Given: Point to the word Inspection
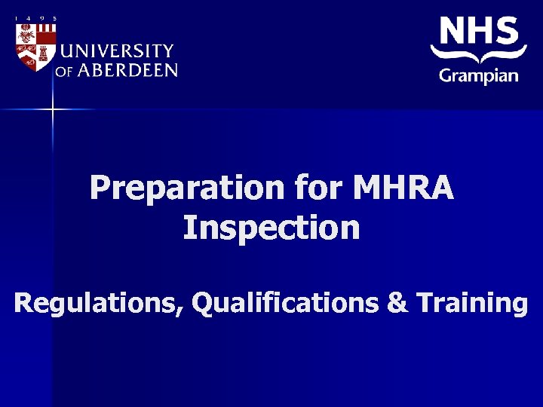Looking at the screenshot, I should [271, 228].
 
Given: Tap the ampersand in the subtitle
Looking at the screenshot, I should [396, 303].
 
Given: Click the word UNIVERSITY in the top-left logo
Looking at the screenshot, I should [116, 51].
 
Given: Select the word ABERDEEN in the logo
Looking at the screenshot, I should [127, 70].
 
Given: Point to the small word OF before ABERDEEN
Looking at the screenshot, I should [63, 72].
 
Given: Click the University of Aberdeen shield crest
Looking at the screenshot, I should [35, 47].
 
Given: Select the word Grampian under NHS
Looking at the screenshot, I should [479, 75].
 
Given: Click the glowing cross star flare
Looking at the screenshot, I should [53, 109].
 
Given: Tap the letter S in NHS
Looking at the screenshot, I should [508, 32].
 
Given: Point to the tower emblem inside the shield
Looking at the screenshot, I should [44, 53].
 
